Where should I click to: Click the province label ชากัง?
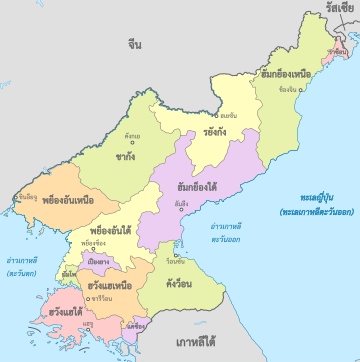(126, 156)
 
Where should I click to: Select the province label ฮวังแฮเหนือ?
(110, 286)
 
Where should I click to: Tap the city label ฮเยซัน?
(229, 115)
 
